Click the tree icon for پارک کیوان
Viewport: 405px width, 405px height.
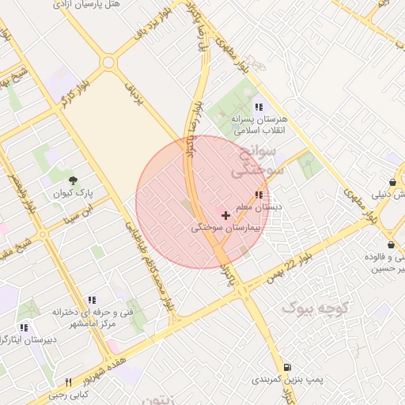(x=74, y=180)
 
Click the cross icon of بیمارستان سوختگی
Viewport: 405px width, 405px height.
(x=225, y=214)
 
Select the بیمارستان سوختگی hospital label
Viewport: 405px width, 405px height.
(x=222, y=227)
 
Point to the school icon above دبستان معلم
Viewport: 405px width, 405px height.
(x=259, y=195)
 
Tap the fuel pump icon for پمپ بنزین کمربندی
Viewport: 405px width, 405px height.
(x=286, y=367)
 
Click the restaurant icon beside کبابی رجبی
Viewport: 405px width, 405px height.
(x=69, y=383)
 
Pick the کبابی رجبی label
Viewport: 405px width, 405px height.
(x=69, y=395)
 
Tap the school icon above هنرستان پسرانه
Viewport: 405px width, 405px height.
(x=258, y=107)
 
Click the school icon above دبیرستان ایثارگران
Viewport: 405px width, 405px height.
(x=24, y=327)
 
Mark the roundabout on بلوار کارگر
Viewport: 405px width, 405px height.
(x=108, y=62)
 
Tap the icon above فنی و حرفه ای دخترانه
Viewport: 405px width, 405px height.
(x=92, y=301)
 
